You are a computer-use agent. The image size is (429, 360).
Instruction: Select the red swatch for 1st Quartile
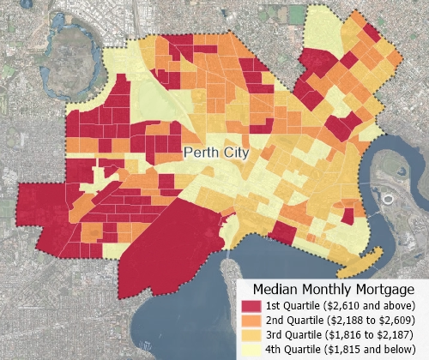[x=251, y=306]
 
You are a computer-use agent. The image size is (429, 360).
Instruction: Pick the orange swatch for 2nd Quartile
[x=251, y=321]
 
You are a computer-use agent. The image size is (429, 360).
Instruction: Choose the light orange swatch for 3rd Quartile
[x=251, y=335]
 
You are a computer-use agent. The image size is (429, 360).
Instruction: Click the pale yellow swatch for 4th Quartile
[x=251, y=350]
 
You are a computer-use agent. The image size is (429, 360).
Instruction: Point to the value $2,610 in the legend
[x=342, y=306]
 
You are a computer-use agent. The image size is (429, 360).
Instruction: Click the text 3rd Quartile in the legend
[x=289, y=335]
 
